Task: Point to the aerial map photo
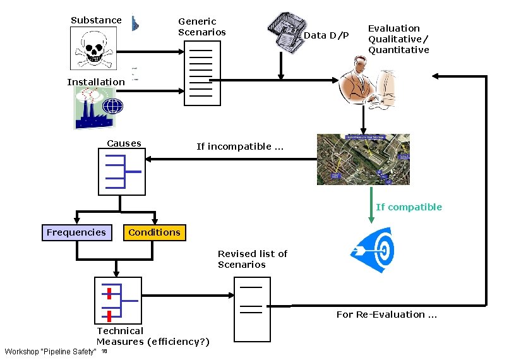pyautogui.click(x=363, y=159)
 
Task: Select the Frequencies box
pyautogui.click(x=76, y=232)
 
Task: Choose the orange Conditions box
pyautogui.click(x=154, y=232)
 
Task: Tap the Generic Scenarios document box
pyautogui.click(x=202, y=73)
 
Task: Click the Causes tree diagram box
pyautogui.click(x=121, y=171)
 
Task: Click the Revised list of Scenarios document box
pyautogui.click(x=251, y=309)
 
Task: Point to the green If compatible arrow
pyautogui.click(x=371, y=205)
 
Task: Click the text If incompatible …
pyautogui.click(x=240, y=147)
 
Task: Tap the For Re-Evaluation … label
pyautogui.click(x=386, y=315)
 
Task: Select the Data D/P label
pyautogui.click(x=326, y=35)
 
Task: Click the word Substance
pyautogui.click(x=96, y=20)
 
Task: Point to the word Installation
pyautogui.click(x=96, y=82)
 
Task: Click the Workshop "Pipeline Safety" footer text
pyautogui.click(x=51, y=351)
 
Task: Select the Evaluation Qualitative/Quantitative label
pyautogui.click(x=398, y=39)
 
